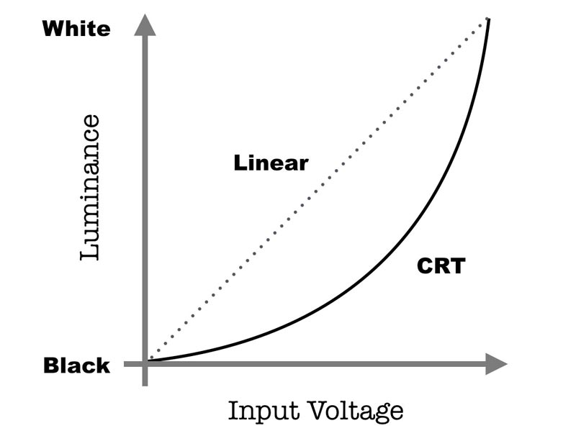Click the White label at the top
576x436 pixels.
coord(77,29)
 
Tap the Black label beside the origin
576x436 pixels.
coord(77,365)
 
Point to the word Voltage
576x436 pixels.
coord(352,412)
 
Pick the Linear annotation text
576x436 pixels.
coord(271,163)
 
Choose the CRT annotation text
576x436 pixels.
coord(441,267)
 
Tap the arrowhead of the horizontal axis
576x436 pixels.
coord(497,364)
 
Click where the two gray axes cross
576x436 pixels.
coord(146,364)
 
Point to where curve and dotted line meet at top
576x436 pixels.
coord(489,19)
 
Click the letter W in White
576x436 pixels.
coord(52,29)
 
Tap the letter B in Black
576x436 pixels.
coord(50,365)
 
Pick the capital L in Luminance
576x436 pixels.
coord(90,251)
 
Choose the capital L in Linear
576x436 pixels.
coord(239,163)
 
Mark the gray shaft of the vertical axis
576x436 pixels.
coord(146,201)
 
